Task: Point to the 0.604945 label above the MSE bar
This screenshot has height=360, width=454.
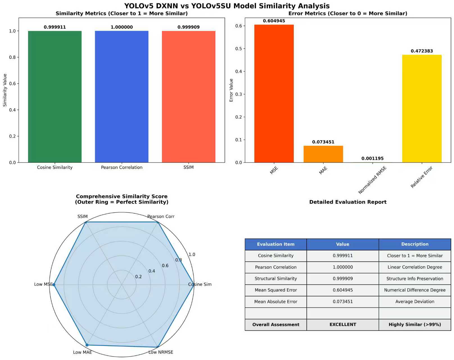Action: click(274, 21)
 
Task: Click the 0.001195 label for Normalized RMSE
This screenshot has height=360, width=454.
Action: click(372, 158)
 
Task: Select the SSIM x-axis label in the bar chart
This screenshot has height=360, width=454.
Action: click(188, 167)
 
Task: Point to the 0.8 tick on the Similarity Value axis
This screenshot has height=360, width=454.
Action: click(12, 57)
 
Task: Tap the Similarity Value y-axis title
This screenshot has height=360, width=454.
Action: click(5, 90)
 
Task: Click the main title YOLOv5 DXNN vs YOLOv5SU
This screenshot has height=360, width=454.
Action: click(227, 6)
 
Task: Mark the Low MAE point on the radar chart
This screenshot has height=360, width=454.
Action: click(87, 345)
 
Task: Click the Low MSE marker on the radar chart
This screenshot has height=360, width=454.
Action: click(54, 285)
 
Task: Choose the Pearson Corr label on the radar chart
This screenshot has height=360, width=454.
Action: click(161, 217)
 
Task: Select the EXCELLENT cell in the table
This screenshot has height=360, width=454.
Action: click(343, 325)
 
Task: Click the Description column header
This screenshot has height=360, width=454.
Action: click(415, 244)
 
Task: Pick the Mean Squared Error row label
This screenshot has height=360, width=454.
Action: click(275, 290)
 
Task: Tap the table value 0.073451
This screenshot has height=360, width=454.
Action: click(343, 301)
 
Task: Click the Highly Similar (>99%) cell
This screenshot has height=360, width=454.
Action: click(415, 325)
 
